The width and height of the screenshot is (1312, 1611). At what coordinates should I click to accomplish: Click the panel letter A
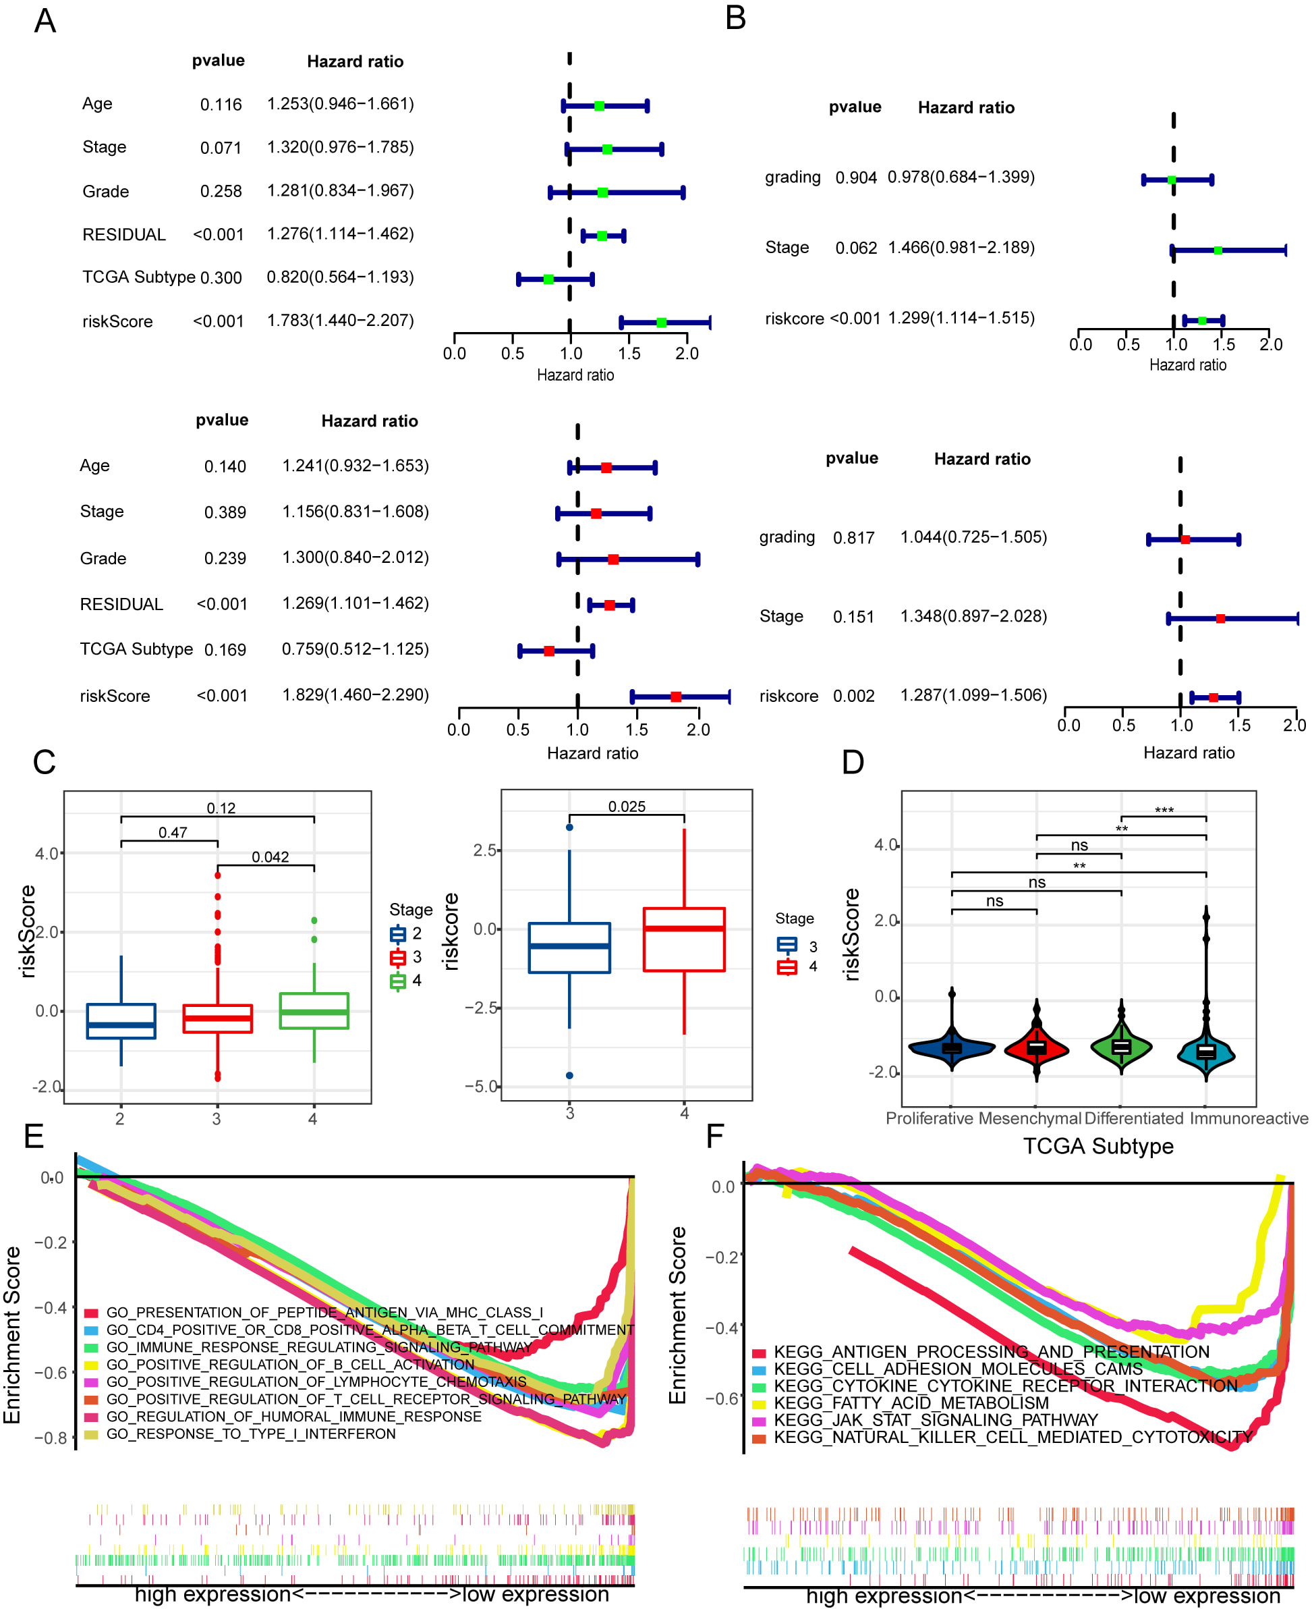pos(45,20)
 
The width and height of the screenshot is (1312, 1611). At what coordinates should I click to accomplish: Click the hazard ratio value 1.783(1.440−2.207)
pos(340,321)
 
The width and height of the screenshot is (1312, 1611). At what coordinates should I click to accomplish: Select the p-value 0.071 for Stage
pos(221,148)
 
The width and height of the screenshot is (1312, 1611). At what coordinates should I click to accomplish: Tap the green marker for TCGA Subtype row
pos(548,279)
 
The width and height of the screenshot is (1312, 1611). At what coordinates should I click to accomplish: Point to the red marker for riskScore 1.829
pos(677,697)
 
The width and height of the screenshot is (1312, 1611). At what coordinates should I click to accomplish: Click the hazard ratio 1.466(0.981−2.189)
pos(961,248)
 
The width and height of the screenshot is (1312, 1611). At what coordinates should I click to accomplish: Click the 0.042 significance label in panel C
pos(270,857)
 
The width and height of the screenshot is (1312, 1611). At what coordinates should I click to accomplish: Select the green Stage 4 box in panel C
pos(314,1011)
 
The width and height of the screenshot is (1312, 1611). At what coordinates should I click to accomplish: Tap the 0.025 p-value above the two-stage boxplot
pos(627,807)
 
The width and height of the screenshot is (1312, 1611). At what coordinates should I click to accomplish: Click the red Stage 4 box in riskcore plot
pos(684,939)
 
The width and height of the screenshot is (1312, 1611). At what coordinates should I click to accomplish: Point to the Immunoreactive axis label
pos(1249,1119)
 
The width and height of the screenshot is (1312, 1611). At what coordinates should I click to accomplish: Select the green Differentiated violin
pos(1121,1047)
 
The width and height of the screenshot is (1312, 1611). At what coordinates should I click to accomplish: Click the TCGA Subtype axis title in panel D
pos(1098,1147)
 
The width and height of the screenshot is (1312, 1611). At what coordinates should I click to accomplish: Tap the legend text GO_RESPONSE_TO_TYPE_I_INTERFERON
pos(251,1434)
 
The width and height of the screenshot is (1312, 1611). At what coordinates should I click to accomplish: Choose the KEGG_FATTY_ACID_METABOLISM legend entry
pos(911,1404)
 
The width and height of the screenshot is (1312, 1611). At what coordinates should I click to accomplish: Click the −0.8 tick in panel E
pos(51,1438)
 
